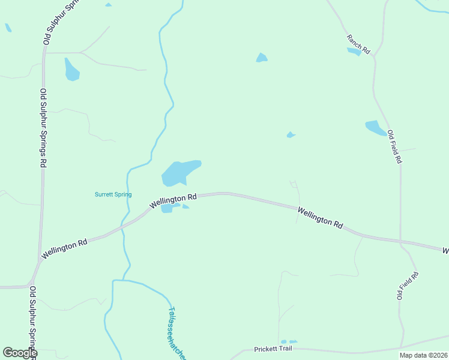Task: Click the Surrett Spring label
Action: tap(113, 194)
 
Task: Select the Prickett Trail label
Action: tap(273, 349)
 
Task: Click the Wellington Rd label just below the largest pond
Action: tap(173, 202)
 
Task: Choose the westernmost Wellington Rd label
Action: tap(64, 250)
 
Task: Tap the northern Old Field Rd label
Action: tap(394, 147)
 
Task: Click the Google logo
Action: tap(20, 353)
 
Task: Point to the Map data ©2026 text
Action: tap(423, 355)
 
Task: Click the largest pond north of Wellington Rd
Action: tap(178, 173)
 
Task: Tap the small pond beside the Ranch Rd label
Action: tap(355, 52)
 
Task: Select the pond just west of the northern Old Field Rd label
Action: tap(376, 128)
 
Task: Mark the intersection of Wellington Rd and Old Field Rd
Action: tap(400, 241)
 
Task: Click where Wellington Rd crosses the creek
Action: tap(122, 226)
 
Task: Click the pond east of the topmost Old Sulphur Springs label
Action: tap(71, 70)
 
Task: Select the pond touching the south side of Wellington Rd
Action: tap(168, 208)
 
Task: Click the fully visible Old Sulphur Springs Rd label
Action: tap(43, 127)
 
